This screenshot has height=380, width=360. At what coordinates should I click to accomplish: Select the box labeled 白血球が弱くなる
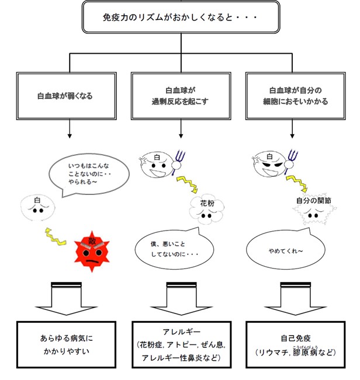pos(70,95)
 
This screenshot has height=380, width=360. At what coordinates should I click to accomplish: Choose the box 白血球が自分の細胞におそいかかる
pos(294,95)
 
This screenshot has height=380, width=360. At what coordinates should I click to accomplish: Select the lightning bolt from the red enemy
pos(58,236)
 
